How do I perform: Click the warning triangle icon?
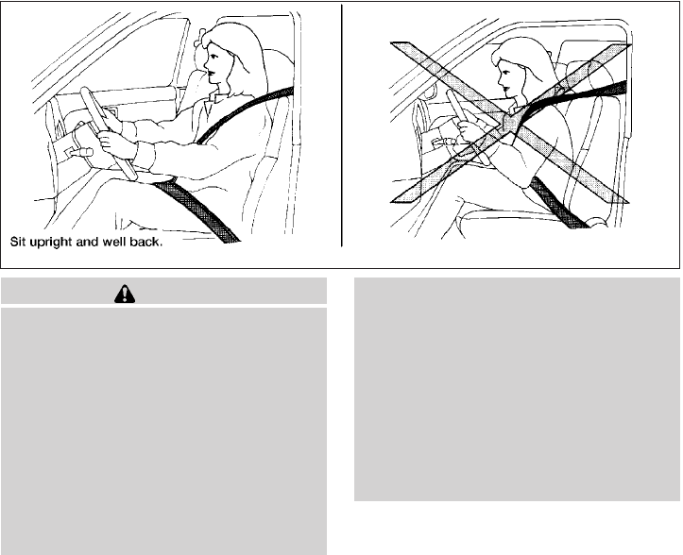[125, 294]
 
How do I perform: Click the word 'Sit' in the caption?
[18, 241]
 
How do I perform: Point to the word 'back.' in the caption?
[145, 241]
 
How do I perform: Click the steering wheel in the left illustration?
[108, 133]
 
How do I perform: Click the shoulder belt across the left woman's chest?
[244, 114]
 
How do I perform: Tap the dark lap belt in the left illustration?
[196, 210]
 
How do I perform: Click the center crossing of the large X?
[510, 123]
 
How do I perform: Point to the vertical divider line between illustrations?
[342, 126]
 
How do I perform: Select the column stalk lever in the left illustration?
[79, 152]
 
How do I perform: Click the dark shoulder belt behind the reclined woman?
[579, 96]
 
